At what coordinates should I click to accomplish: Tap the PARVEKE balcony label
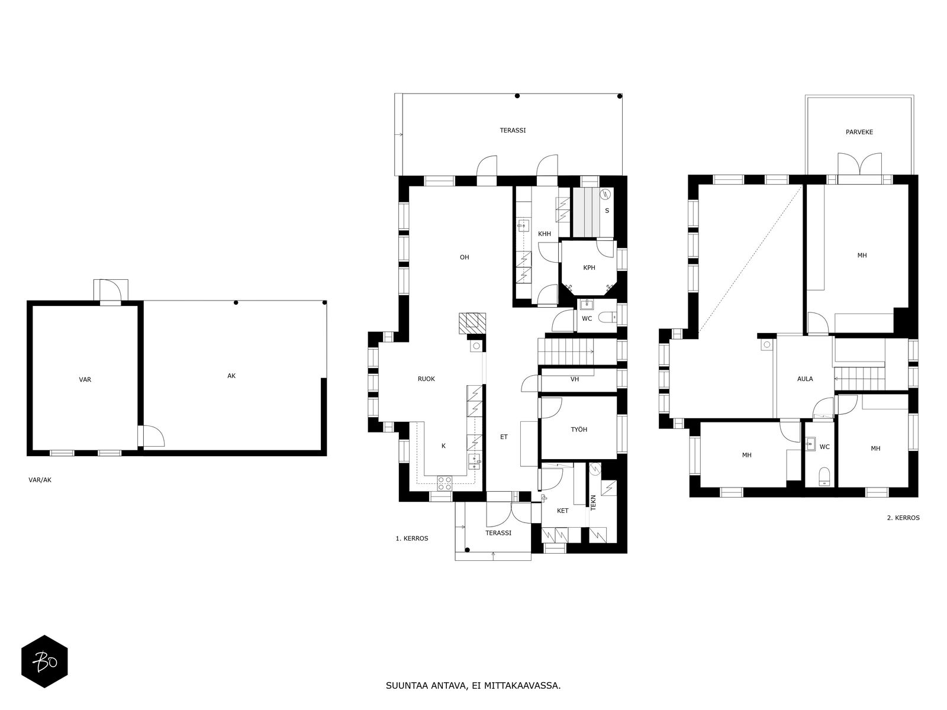point(859,133)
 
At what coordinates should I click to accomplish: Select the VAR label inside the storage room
point(85,380)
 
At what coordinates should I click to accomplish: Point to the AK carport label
point(231,376)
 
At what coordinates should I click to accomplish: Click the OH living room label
point(464,257)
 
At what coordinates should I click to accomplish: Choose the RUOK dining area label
point(426,379)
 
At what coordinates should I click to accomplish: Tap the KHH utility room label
point(545,234)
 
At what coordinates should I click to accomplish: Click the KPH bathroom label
point(589,267)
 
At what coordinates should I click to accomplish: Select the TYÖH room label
point(579,430)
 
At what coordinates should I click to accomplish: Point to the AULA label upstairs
point(805,379)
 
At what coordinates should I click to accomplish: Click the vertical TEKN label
point(593,503)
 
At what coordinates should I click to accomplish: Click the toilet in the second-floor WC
point(824,476)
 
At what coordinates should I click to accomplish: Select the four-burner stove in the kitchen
point(445,483)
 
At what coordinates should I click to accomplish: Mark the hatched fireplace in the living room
point(472,323)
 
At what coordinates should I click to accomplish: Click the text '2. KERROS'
point(903,518)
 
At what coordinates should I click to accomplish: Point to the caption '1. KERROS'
point(412,538)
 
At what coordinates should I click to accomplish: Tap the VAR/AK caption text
point(40,480)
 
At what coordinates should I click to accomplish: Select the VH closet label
point(575,379)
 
